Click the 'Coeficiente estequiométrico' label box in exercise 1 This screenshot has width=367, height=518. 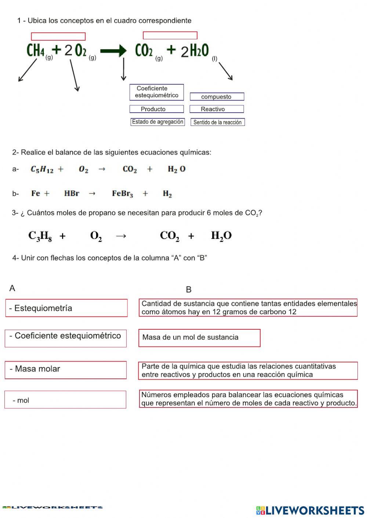tap(156, 92)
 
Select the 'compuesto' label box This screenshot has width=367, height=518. tap(217, 97)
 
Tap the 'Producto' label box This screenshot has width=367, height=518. tap(156, 109)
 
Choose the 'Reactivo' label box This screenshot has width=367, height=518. tap(217, 109)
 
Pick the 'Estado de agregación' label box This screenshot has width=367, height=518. tap(157, 122)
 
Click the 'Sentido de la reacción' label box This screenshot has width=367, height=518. tap(218, 122)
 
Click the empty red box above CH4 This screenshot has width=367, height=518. tap(58, 36)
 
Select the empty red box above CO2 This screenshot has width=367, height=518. tap(170, 36)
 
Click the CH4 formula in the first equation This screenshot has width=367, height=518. tap(36, 51)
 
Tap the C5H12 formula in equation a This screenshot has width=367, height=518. tap(42, 169)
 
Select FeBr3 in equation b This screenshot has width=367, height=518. tap(122, 194)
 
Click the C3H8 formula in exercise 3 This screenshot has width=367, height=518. tap(40, 236)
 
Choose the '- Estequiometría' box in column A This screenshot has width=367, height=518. tap(66, 308)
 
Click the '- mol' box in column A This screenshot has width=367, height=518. tap(65, 399)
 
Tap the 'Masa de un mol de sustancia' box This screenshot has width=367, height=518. tap(199, 338)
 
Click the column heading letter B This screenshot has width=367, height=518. tap(189, 290)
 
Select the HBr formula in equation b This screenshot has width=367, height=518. tap(72, 193)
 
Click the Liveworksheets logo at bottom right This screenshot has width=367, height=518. tap(310, 510)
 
